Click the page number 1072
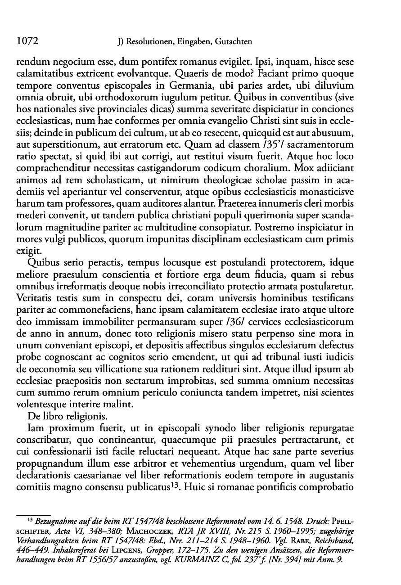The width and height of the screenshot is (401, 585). (26, 41)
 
